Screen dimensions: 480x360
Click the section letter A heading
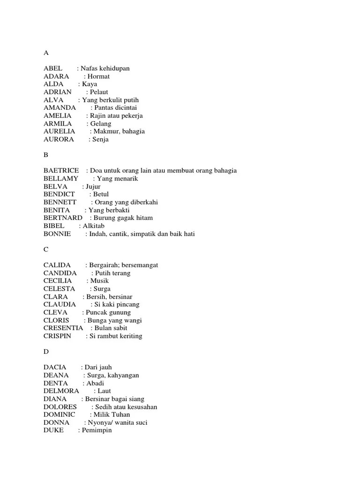[46, 53]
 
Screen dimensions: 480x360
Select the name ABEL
[53, 68]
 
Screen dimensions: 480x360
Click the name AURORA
[59, 139]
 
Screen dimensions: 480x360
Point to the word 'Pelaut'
[99, 92]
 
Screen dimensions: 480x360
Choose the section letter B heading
[46, 155]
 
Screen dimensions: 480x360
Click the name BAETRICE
[61, 171]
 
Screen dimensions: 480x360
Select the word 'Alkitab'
[94, 225]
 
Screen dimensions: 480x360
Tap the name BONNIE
[57, 233]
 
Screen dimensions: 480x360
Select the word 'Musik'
[99, 281]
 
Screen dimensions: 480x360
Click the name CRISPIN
[58, 336]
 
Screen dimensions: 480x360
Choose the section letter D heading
[46, 352]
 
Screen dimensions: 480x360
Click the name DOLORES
[60, 407]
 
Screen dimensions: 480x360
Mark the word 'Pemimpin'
[97, 430]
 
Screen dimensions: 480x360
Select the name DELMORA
[61, 391]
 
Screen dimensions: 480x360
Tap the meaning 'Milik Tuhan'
[112, 414]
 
